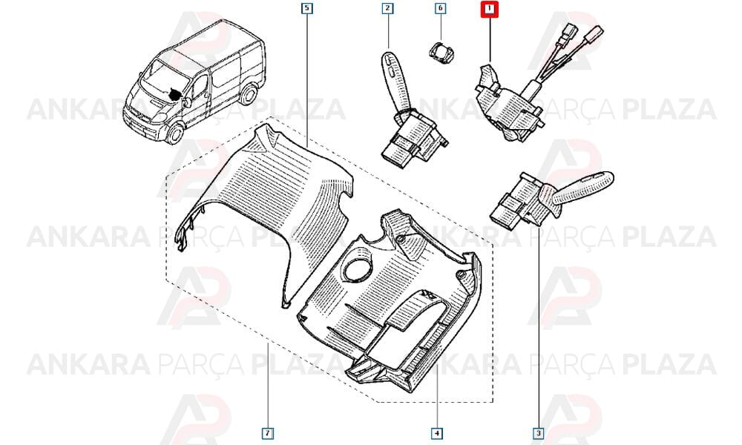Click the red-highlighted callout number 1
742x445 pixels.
490,9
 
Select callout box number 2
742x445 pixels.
387,8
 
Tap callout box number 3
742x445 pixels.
539,433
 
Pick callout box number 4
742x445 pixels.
436,433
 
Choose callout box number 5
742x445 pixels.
307,8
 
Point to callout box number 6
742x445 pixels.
440,8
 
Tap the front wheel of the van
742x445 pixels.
174,133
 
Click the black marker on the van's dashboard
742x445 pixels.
175,95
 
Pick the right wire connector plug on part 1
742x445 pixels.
594,35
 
